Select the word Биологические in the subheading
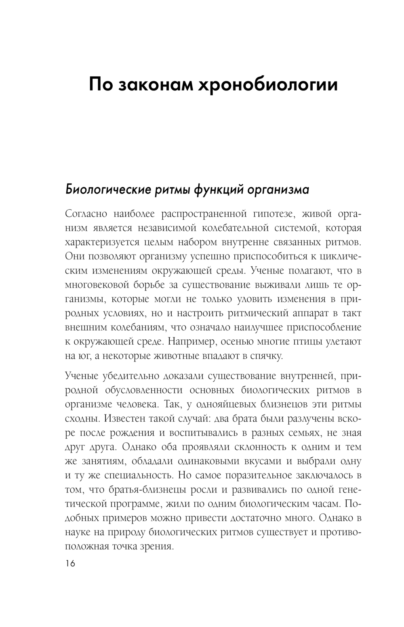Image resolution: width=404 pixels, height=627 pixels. [107, 189]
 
